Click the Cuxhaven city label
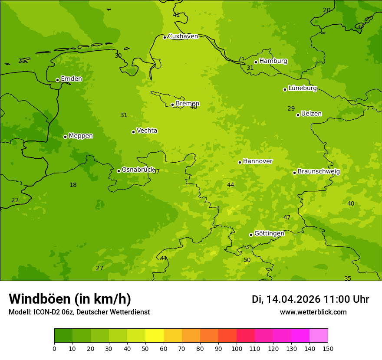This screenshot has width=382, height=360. click(183, 36)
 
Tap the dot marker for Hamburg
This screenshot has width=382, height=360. click(256, 62)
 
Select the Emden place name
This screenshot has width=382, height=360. click(71, 79)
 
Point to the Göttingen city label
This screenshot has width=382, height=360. click(269, 233)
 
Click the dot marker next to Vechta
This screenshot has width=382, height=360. click(133, 132)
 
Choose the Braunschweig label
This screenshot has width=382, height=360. click(319, 171)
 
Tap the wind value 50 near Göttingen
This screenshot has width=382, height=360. click(247, 260)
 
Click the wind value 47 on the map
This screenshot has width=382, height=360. click(287, 217)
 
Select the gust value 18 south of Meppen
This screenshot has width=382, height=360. click(73, 185)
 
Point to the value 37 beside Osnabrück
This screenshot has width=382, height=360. click(156, 172)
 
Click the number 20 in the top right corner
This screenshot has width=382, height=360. click(326, 10)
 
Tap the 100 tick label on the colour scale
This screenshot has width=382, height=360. click(237, 348)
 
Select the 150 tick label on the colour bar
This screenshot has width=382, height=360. click(328, 348)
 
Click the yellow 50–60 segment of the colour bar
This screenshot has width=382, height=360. click(155, 336)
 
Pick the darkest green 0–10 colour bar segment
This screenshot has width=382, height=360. click(63, 336)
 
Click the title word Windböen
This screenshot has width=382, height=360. click(40, 299)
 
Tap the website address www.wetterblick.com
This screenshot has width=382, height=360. click(313, 312)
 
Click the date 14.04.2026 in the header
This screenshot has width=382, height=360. click(293, 299)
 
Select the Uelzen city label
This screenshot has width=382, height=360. click(311, 114)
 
